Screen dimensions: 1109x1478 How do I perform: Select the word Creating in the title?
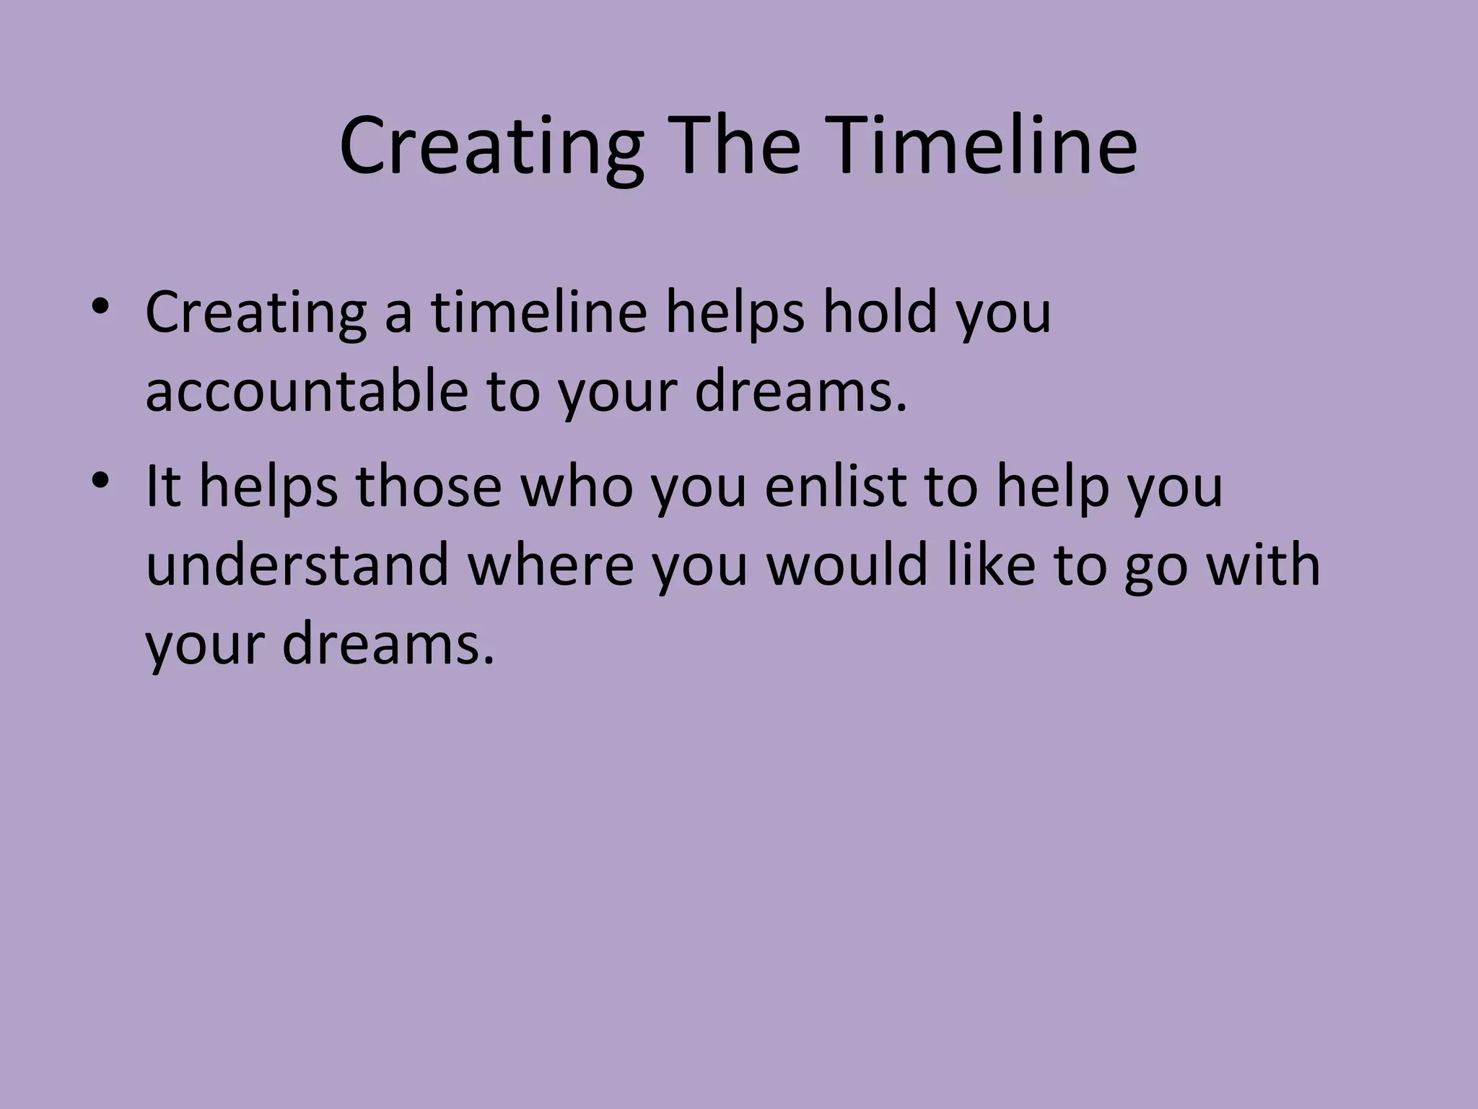coord(491,148)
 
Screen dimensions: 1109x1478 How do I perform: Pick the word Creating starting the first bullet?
coord(255,314)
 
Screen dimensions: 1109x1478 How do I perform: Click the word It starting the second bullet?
coord(162,486)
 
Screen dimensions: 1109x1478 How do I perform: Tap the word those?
coord(428,486)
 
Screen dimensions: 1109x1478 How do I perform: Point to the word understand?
coord(297,565)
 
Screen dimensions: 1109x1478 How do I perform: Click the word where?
coord(551,565)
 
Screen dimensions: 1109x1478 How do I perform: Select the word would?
coord(846,565)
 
